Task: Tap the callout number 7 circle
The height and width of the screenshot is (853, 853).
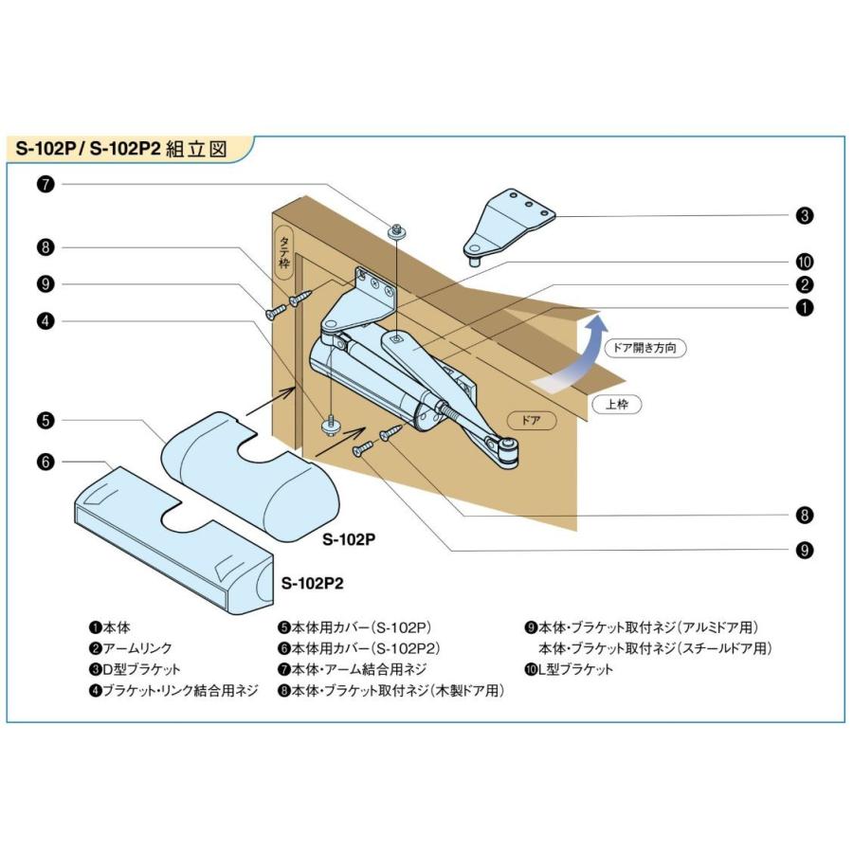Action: (x=45, y=184)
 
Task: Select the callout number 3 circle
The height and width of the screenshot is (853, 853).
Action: (x=805, y=216)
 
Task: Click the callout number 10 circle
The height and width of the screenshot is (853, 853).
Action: (x=805, y=262)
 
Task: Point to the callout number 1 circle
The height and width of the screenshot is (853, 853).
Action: (x=805, y=307)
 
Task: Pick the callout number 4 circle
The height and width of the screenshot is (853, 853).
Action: (x=45, y=320)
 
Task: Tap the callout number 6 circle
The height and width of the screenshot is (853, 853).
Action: (x=45, y=462)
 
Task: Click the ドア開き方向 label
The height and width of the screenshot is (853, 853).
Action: (x=644, y=348)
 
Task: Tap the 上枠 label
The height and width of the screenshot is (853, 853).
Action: (x=617, y=404)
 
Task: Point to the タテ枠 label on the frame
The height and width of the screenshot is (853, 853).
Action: (x=283, y=251)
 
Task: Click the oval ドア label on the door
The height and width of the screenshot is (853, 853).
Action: (x=531, y=419)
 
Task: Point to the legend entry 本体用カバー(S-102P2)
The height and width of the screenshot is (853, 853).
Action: (x=360, y=648)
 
